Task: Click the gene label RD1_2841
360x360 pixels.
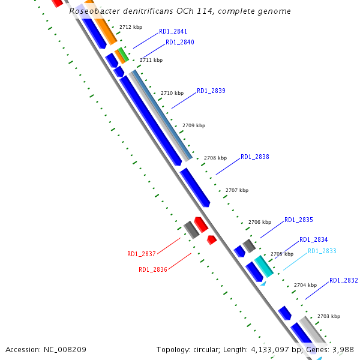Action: click(x=173, y=31)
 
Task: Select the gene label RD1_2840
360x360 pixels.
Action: click(x=180, y=42)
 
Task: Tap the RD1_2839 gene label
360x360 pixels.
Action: click(x=211, y=91)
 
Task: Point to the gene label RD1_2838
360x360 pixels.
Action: click(x=255, y=157)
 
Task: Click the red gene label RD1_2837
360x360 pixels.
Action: click(x=142, y=254)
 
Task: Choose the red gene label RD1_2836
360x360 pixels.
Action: click(x=153, y=269)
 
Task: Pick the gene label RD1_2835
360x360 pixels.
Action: click(x=299, y=220)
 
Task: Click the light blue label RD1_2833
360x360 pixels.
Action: click(x=322, y=251)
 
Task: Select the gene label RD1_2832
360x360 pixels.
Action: click(x=344, y=280)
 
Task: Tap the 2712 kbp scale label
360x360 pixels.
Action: click(x=131, y=27)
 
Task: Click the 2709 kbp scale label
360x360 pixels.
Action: click(x=194, y=125)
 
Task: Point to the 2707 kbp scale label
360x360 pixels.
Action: click(x=237, y=190)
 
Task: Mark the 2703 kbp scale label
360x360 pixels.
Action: click(x=329, y=316)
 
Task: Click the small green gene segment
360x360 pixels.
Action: click(x=124, y=55)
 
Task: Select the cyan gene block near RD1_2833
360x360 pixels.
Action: click(x=264, y=266)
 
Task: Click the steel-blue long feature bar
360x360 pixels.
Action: click(x=163, y=115)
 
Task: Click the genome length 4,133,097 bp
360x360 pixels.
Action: click(x=277, y=350)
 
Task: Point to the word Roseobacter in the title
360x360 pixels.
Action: click(x=95, y=11)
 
